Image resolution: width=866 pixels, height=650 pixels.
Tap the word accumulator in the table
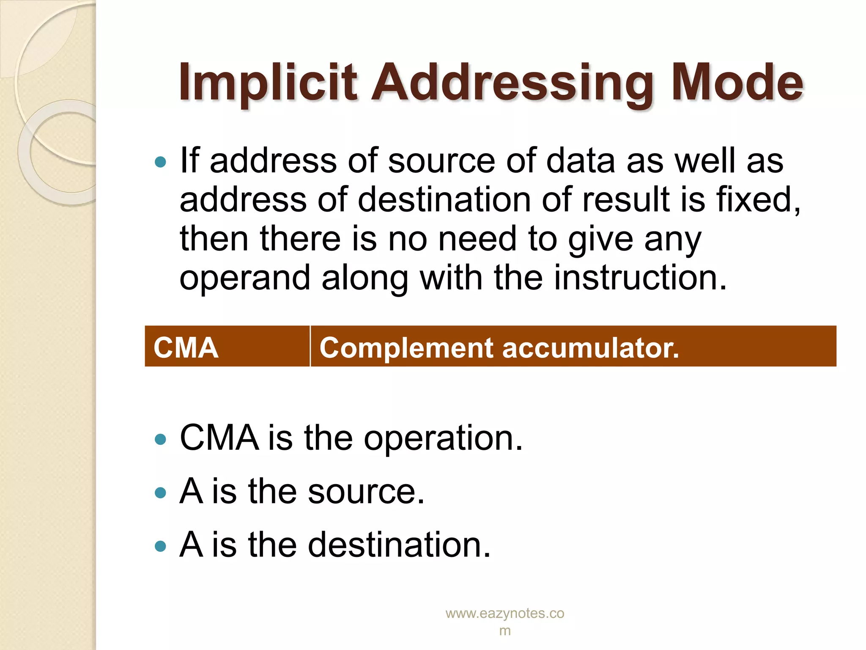591,348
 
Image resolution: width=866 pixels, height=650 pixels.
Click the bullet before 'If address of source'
160,162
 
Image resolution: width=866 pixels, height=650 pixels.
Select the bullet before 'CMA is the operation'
160,439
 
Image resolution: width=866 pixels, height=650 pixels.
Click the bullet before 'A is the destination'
160,546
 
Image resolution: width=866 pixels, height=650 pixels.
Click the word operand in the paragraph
245,278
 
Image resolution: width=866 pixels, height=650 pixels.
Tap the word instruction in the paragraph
640,278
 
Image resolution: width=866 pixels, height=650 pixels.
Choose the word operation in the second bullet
443,438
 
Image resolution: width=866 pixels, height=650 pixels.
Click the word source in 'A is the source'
366,492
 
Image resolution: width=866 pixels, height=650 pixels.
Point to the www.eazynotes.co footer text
505,614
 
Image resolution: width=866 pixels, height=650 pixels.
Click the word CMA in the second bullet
219,438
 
